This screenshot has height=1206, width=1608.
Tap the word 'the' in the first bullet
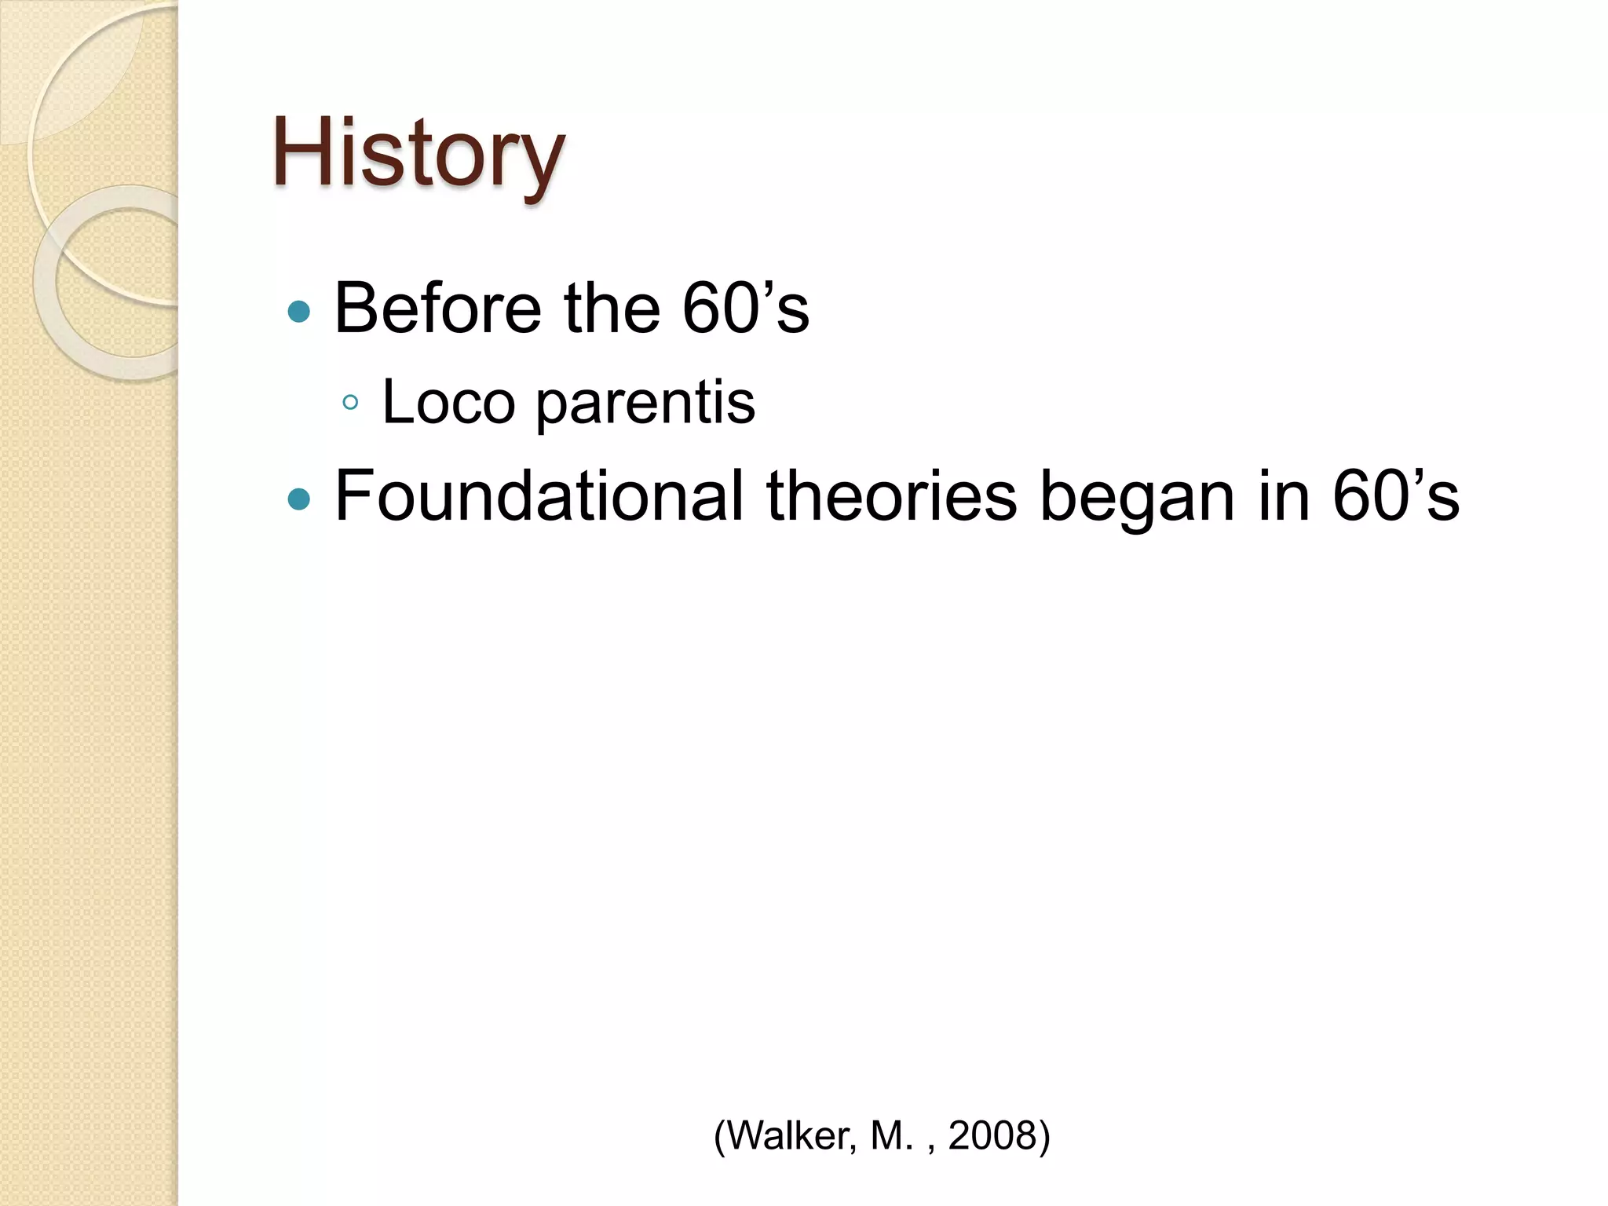coord(612,308)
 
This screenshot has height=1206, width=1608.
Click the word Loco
coord(448,402)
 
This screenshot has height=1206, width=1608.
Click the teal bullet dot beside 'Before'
coord(299,312)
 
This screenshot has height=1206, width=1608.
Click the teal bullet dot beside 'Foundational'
coord(299,499)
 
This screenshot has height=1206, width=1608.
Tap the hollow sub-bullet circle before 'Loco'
coord(350,403)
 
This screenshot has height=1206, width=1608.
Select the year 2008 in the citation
coord(992,1135)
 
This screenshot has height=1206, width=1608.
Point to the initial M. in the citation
coord(891,1135)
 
